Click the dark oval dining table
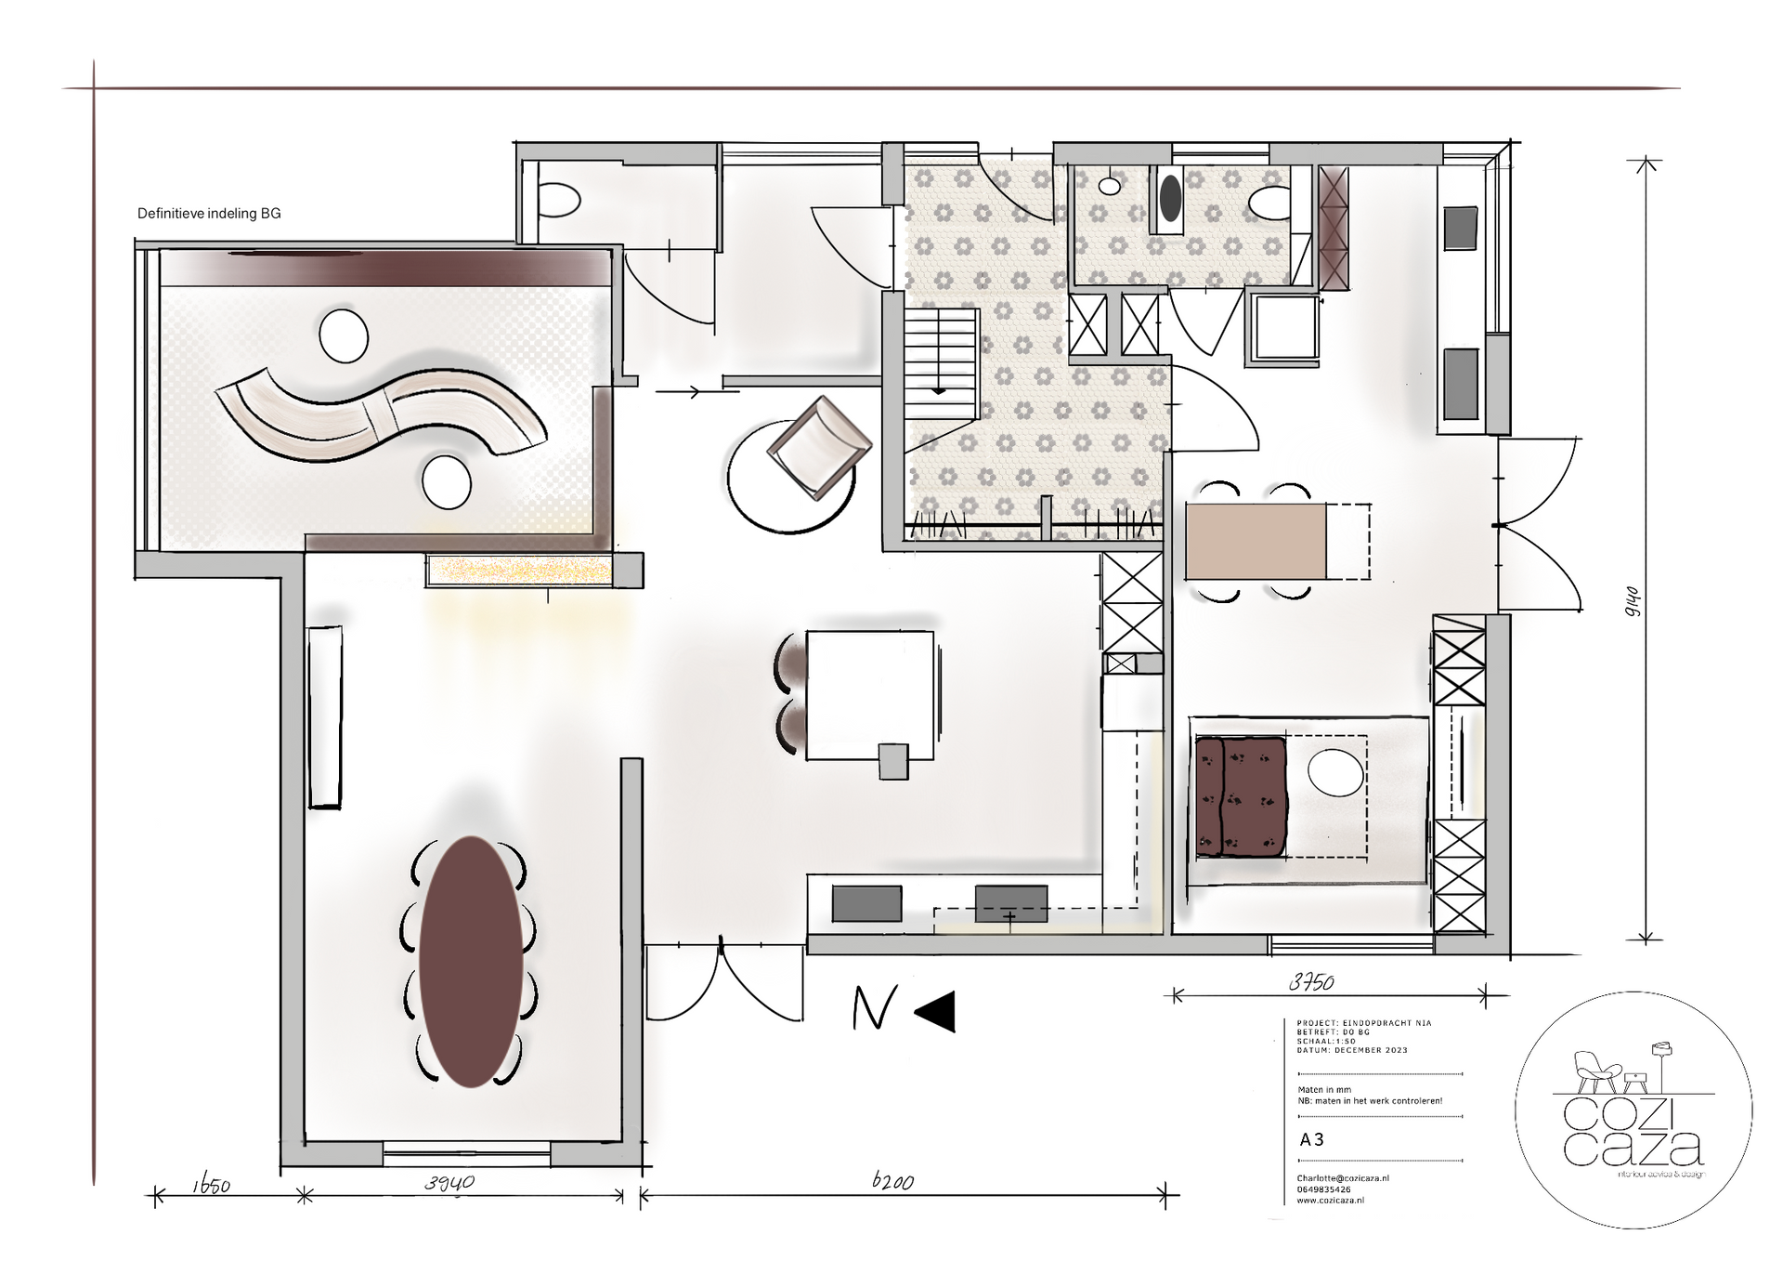(471, 962)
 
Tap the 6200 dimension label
(892, 1181)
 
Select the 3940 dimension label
(449, 1183)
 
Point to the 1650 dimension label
(212, 1185)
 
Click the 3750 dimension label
(1311, 982)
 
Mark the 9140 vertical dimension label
(1633, 601)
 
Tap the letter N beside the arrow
(874, 1008)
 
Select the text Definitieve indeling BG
(209, 214)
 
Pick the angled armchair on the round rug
(817, 448)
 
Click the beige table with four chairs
(1256, 541)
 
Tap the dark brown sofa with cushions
(1241, 796)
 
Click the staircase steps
(940, 362)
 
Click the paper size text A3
(1311, 1139)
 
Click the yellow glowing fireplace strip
(519, 569)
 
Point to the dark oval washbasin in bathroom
(1170, 198)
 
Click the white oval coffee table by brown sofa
(1335, 773)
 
